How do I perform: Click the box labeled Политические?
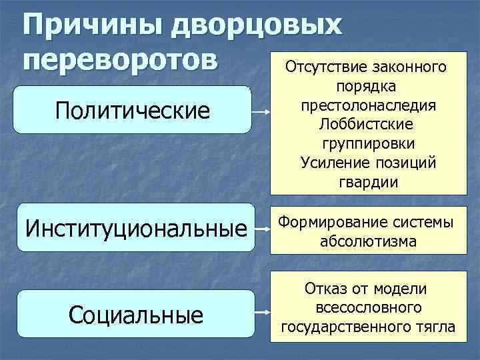pos(133,111)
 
